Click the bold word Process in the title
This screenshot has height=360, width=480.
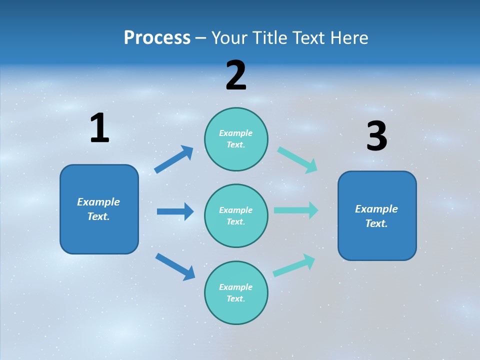point(157,38)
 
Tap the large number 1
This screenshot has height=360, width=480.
point(99,128)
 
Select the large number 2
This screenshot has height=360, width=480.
point(236,75)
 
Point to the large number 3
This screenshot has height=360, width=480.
point(376,136)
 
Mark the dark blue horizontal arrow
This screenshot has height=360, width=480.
point(175,211)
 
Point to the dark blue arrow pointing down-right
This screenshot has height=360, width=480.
point(175,266)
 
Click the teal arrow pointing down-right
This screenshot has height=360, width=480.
point(297,160)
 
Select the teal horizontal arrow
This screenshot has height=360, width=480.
point(296,210)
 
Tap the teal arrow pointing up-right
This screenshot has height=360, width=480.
point(294,265)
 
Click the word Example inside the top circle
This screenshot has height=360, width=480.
point(236,133)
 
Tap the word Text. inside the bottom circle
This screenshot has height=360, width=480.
point(236,298)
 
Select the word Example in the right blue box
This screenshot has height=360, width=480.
point(376,209)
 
